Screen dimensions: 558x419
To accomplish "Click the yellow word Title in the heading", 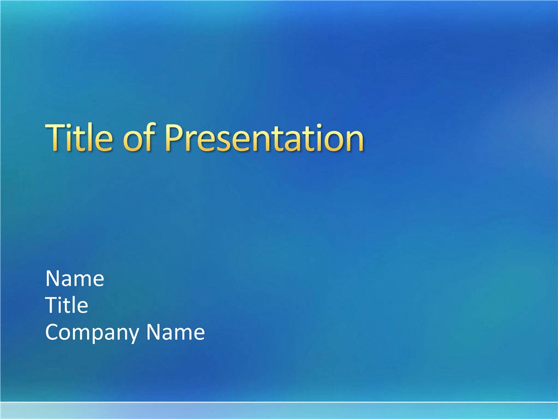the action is click(x=79, y=137).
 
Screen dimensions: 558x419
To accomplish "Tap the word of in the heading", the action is click(x=139, y=137).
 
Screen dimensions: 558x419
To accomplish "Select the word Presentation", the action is click(x=264, y=138).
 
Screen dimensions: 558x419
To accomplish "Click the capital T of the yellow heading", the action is click(x=56, y=137).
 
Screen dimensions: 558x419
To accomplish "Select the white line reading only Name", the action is click(x=75, y=278).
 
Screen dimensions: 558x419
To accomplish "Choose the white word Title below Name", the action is click(x=66, y=305).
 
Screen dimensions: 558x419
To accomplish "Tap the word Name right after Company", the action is click(x=176, y=332).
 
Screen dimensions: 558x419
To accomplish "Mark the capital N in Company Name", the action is click(x=154, y=332).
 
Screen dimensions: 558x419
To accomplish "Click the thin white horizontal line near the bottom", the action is click(x=279, y=402).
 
